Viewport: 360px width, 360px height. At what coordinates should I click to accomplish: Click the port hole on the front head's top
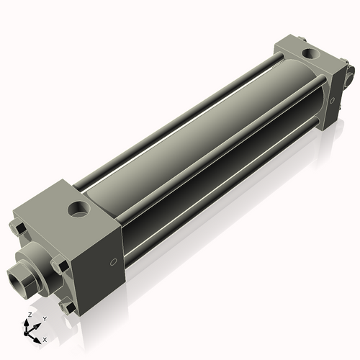77,211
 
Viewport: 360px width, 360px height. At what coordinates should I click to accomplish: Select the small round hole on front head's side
113,261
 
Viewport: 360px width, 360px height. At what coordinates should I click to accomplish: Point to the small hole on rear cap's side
332,101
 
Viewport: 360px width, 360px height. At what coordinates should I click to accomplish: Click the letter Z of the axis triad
28,315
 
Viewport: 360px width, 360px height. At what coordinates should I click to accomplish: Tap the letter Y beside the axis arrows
44,318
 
